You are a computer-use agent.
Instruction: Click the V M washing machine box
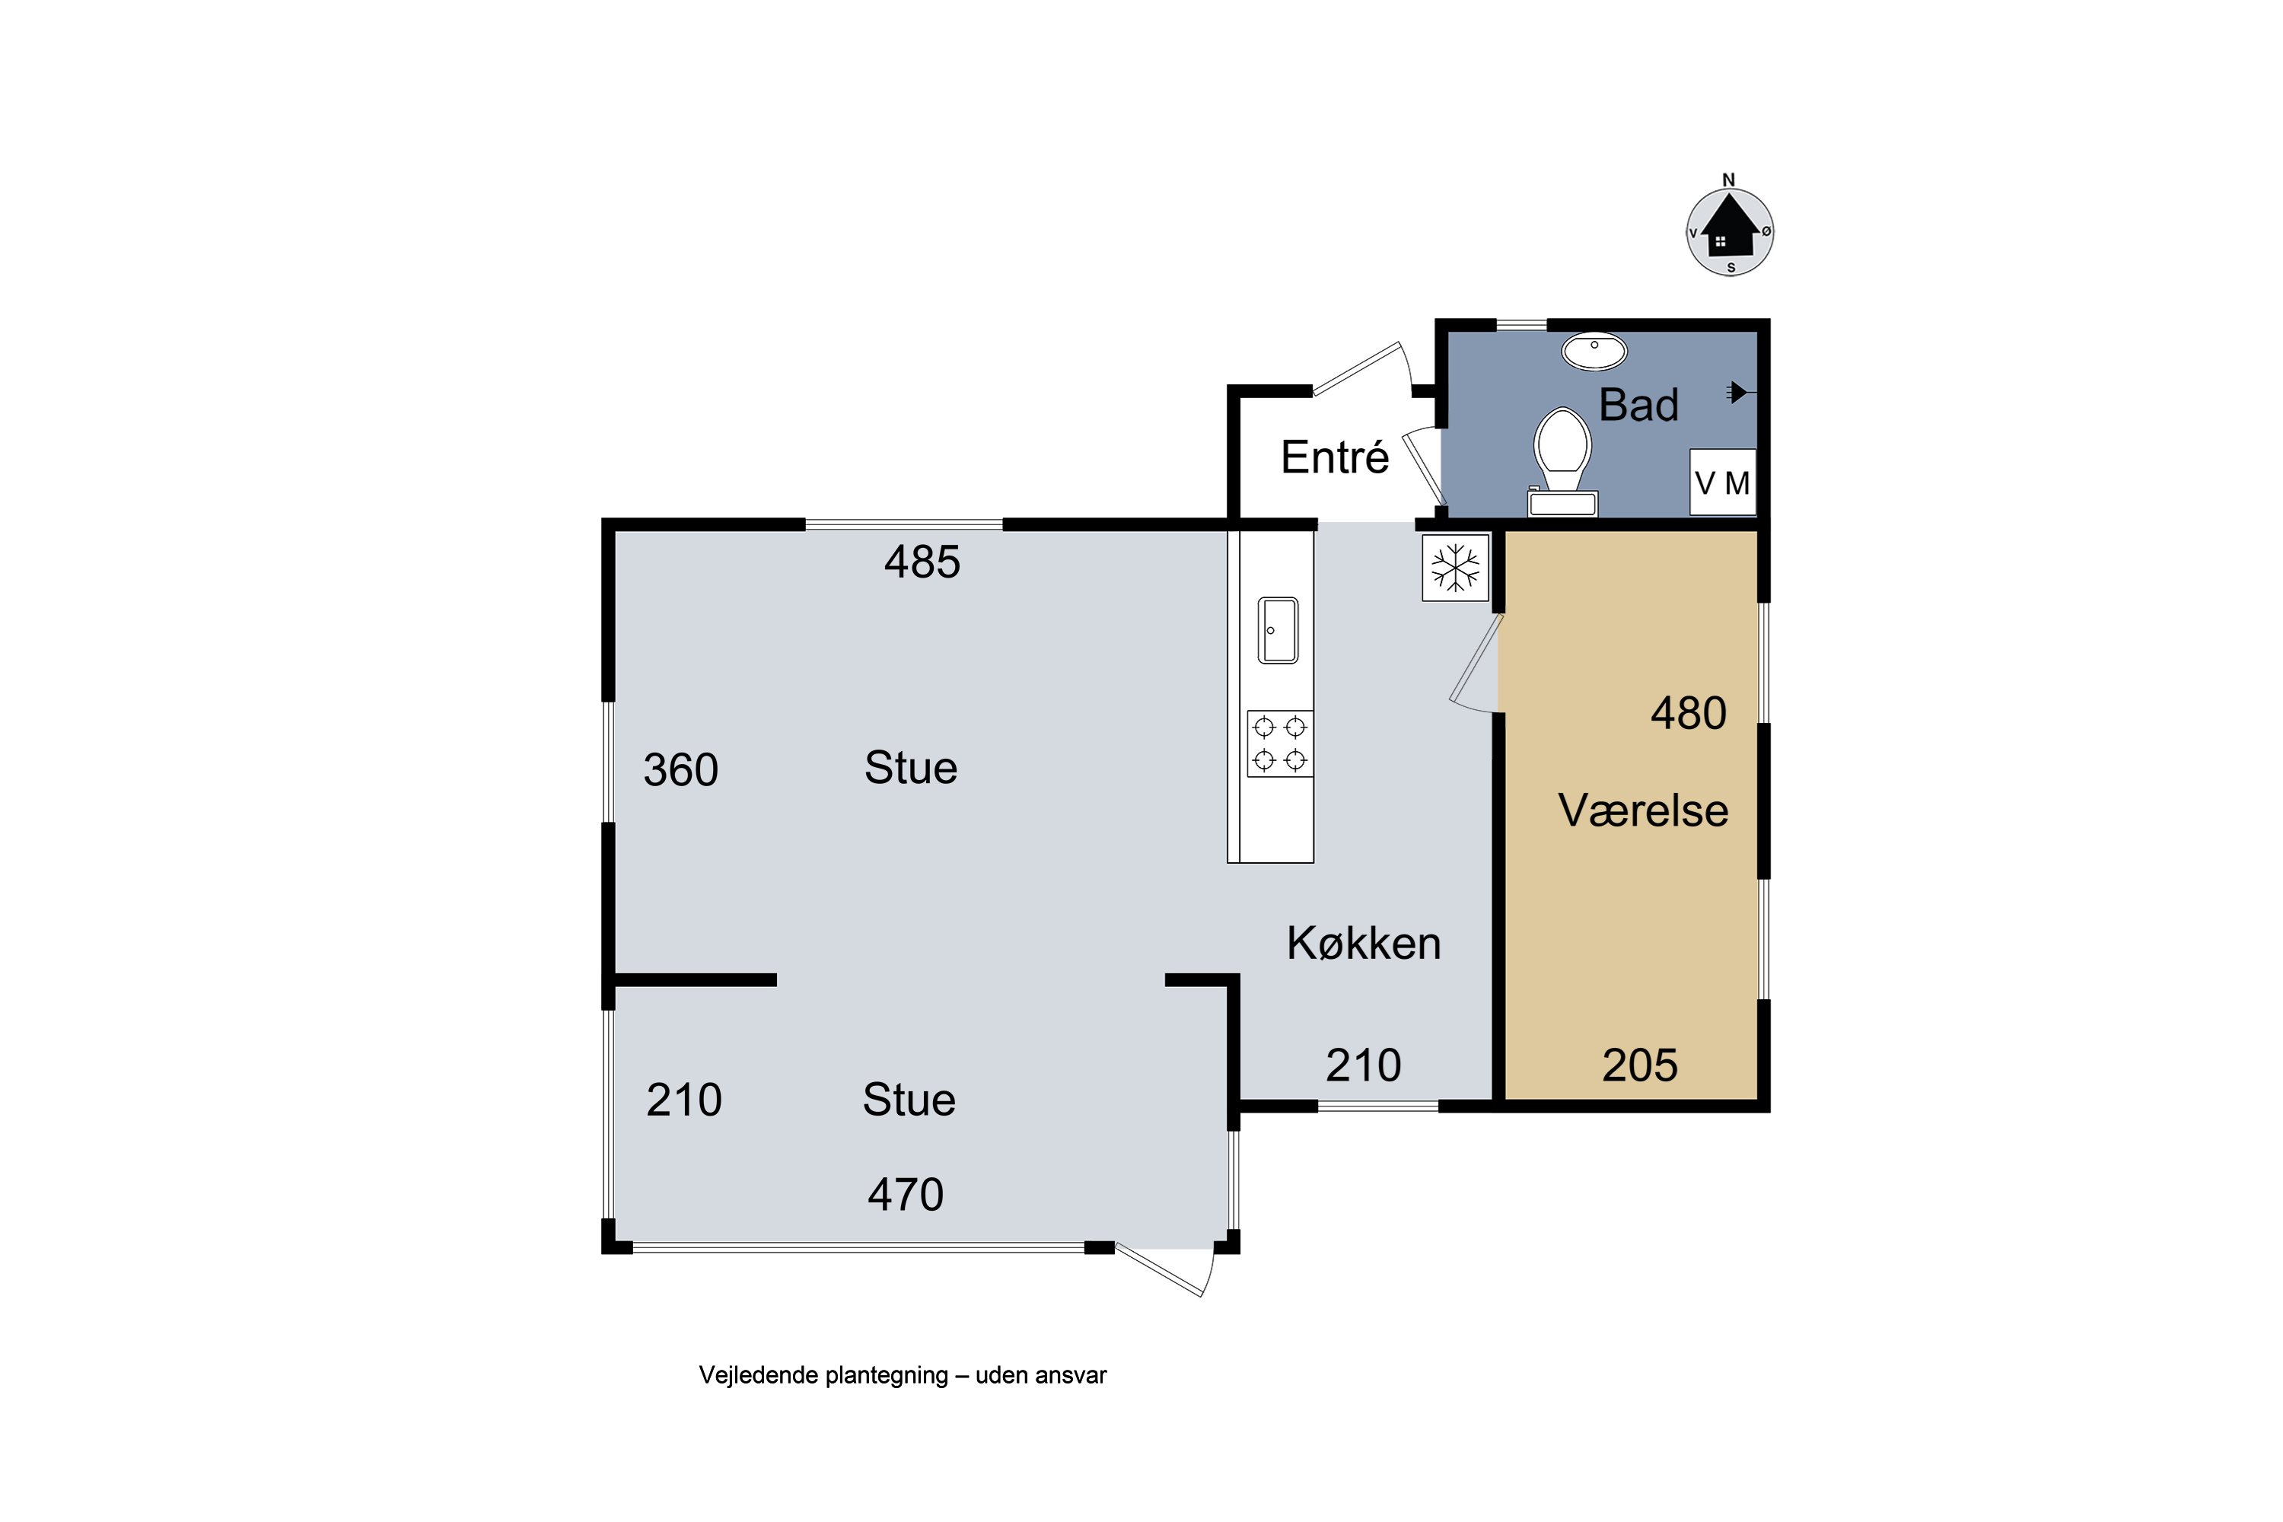(1723, 482)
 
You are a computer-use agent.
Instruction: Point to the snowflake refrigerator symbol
(1456, 567)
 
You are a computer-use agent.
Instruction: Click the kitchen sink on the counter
(1278, 630)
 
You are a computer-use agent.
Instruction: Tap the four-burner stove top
(1280, 743)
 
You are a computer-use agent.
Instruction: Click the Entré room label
(1335, 457)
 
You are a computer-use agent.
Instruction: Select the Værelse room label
(1643, 810)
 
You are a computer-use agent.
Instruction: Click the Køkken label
(1364, 943)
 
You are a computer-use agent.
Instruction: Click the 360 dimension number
(680, 769)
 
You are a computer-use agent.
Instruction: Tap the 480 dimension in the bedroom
(1689, 714)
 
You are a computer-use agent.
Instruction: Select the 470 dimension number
(906, 1194)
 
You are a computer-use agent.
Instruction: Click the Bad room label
(1638, 405)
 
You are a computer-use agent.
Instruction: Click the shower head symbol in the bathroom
(1740, 392)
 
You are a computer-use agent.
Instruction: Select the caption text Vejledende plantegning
(824, 1375)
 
